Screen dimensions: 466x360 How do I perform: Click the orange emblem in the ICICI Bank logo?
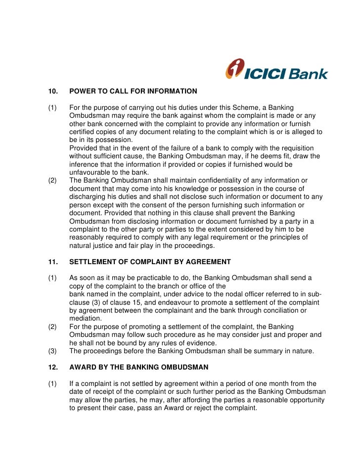coord(234,69)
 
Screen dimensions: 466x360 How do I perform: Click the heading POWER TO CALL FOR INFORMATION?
coord(133,91)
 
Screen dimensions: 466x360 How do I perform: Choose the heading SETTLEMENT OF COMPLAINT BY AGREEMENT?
coord(150,262)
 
